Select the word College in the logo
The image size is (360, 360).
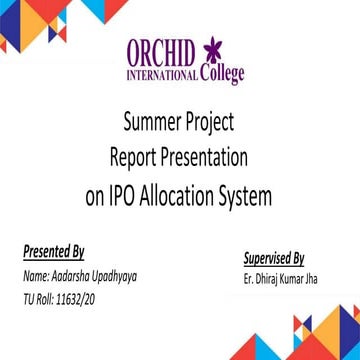pyautogui.click(x=221, y=74)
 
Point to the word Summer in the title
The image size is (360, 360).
pyautogui.click(x=152, y=124)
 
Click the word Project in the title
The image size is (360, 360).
pyautogui.click(x=211, y=124)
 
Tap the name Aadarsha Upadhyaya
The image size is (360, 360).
pyautogui.click(x=99, y=271)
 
